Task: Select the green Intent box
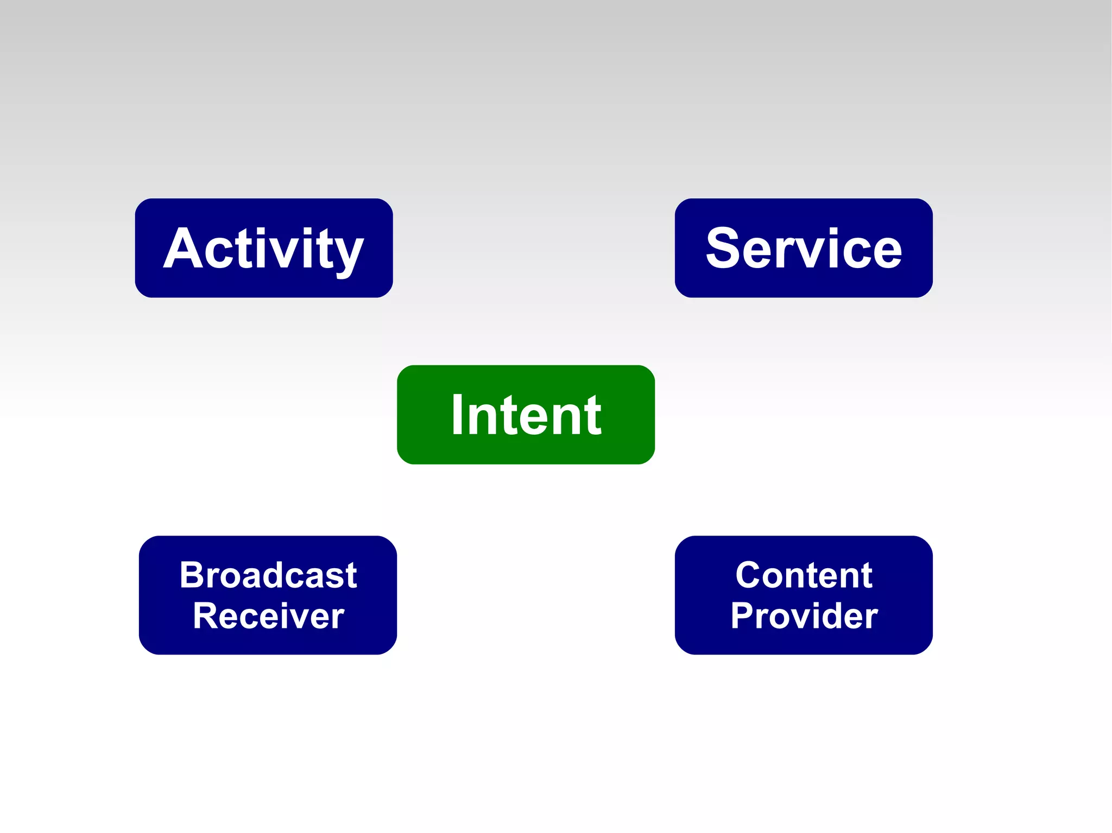coord(526,415)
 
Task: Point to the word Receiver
coord(268,616)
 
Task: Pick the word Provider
coord(804,616)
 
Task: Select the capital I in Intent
coord(457,415)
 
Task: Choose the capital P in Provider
coord(742,616)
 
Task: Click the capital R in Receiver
coord(205,616)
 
